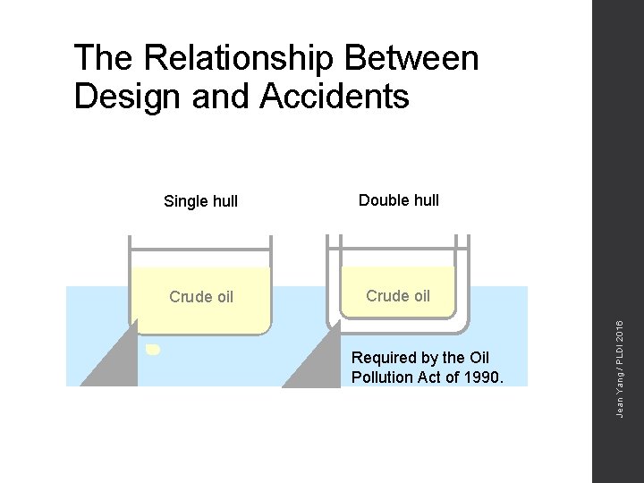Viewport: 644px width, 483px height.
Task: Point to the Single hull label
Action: pyautogui.click(x=200, y=201)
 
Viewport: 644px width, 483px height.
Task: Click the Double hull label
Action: pyautogui.click(x=399, y=200)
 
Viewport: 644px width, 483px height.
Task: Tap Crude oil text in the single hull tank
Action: pyautogui.click(x=201, y=297)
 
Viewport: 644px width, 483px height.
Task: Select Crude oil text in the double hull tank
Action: pyautogui.click(x=398, y=296)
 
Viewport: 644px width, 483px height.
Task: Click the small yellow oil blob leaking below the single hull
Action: pyautogui.click(x=153, y=350)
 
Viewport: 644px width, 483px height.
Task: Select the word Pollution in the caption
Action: pyautogui.click(x=386, y=377)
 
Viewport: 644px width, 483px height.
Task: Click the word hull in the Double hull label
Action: pyautogui.click(x=424, y=200)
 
